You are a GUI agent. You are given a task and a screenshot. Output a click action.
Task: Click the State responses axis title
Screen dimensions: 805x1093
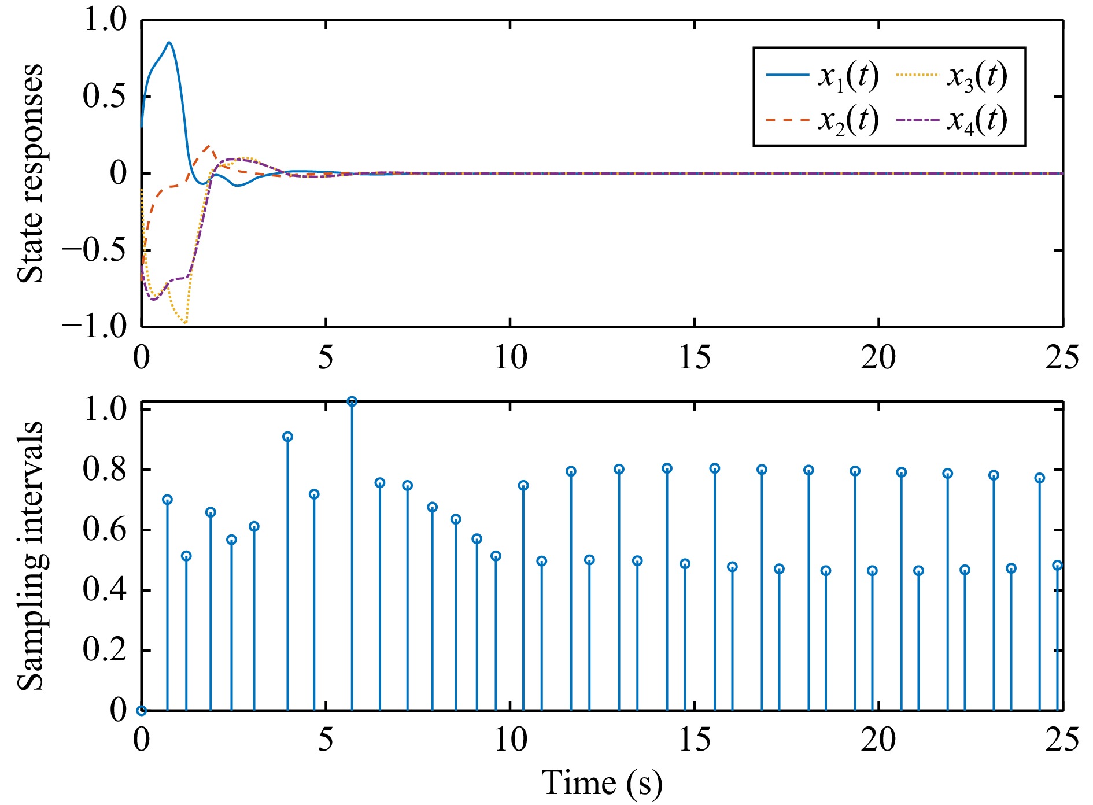tap(30, 173)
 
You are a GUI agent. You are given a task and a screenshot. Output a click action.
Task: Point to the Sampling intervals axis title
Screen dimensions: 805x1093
tap(30, 555)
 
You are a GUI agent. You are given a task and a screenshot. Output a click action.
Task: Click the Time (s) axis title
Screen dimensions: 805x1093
tap(601, 784)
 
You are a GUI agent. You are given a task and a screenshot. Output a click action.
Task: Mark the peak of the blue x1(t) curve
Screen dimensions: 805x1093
tap(169, 43)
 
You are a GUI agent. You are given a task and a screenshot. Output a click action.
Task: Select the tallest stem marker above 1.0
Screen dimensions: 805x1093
tap(352, 401)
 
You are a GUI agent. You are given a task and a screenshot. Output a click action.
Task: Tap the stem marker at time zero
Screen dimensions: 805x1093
tap(142, 711)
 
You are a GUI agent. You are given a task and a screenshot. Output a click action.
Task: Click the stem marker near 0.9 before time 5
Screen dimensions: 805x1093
tap(287, 437)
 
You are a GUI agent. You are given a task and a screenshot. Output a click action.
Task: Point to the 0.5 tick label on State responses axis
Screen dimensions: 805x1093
tap(104, 96)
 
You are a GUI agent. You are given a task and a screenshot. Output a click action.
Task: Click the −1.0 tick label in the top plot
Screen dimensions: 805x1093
tap(95, 327)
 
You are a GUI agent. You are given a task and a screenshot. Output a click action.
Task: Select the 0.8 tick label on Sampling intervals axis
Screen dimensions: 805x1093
tap(104, 470)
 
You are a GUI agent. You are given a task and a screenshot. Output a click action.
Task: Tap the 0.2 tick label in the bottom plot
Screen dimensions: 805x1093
tap(104, 650)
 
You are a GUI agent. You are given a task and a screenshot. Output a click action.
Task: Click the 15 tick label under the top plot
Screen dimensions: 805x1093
tap(694, 357)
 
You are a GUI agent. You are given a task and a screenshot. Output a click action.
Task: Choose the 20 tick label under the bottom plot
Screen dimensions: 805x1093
tap(878, 740)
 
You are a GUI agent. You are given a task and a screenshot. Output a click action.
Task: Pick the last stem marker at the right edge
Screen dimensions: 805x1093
tap(1058, 566)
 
